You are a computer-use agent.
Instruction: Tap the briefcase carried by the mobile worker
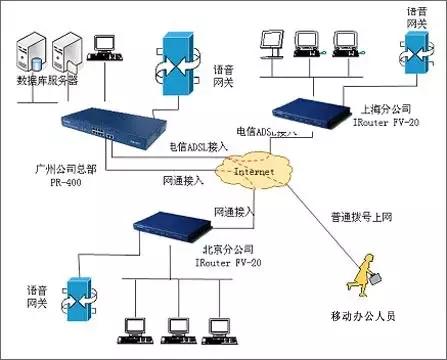pyautogui.click(x=346, y=286)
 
